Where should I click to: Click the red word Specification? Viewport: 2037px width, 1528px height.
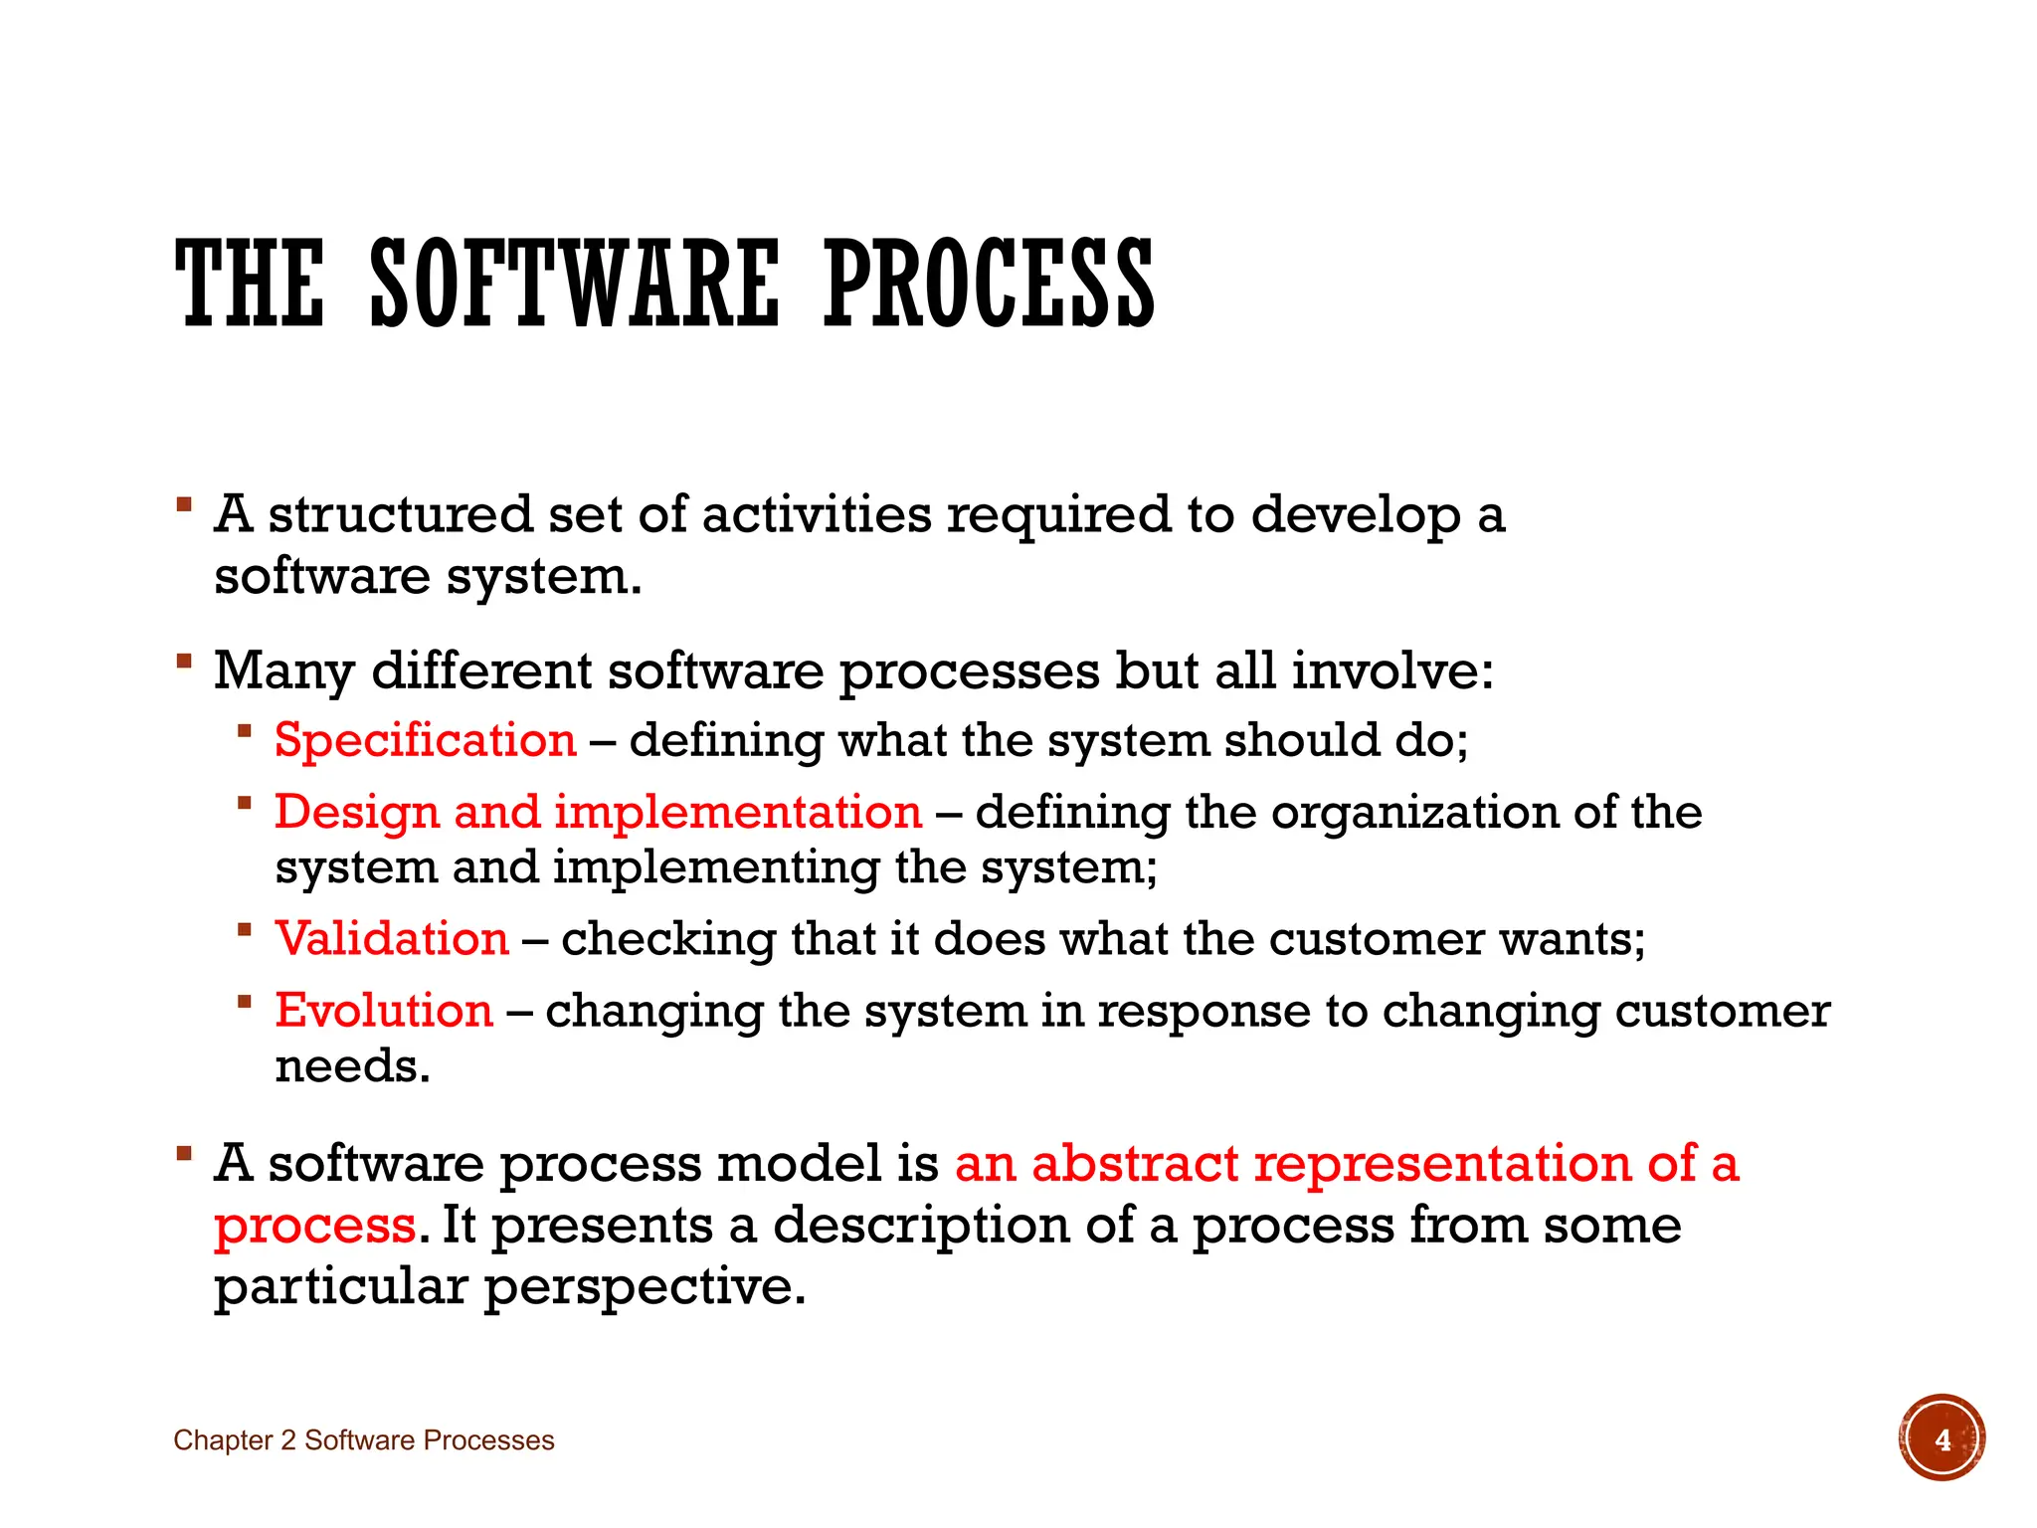point(426,740)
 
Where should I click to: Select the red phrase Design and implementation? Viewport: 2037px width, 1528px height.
point(598,812)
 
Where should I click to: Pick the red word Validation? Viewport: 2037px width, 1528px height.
point(392,939)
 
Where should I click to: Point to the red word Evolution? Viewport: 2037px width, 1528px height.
point(384,1011)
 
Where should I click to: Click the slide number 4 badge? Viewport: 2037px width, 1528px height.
point(1942,1438)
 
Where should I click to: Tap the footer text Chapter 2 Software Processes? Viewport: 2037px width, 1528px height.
point(363,1440)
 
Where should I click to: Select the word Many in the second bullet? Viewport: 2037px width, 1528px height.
point(283,671)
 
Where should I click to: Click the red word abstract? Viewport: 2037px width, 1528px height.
point(1135,1164)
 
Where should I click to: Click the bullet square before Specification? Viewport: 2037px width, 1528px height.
point(245,731)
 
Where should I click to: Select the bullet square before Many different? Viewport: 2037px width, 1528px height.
point(183,661)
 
